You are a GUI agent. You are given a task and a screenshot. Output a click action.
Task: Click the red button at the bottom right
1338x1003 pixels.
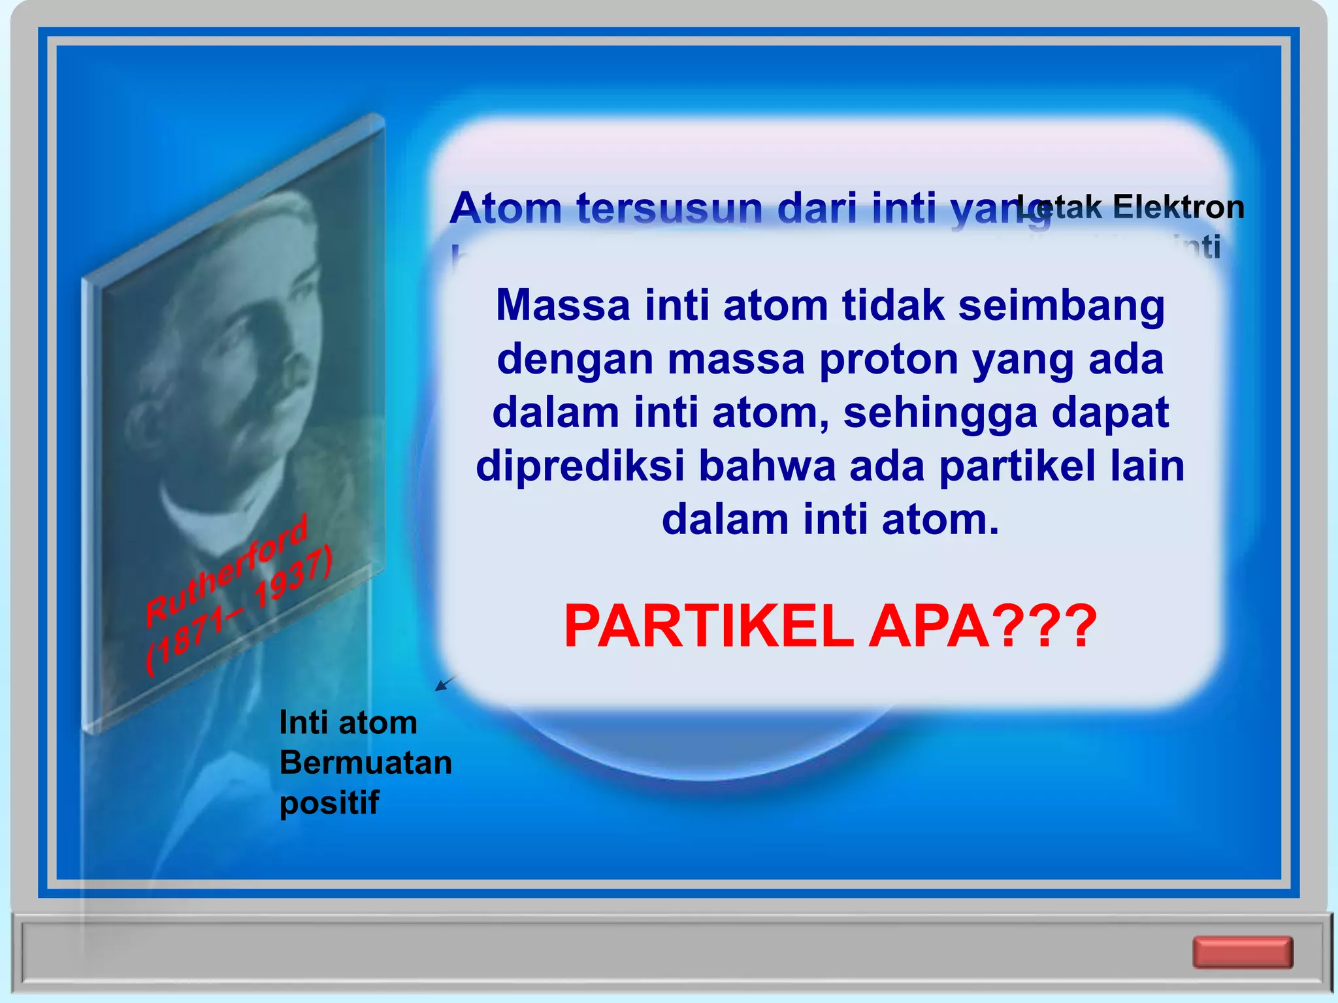[1243, 952]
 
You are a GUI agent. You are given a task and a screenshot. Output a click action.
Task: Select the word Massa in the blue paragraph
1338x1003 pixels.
[563, 306]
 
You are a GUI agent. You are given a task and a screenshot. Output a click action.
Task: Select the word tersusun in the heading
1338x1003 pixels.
[670, 209]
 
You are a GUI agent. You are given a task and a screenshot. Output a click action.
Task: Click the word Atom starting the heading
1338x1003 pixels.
[506, 209]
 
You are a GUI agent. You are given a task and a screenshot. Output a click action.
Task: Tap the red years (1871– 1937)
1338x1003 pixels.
[239, 611]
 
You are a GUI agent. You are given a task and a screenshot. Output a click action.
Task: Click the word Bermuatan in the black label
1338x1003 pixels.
[366, 763]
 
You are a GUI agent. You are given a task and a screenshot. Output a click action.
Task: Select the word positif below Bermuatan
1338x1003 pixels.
[329, 803]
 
